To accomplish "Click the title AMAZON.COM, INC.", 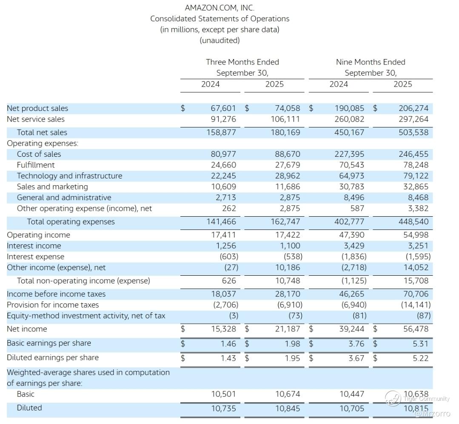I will [220, 8].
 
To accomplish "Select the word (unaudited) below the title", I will [220, 40].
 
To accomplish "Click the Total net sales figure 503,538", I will [413, 133].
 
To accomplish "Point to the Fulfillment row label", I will [36, 165].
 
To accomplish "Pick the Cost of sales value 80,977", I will [223, 154].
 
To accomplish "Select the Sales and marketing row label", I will [52, 187].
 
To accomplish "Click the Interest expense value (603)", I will [229, 257].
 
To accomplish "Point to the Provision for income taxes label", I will [53, 305].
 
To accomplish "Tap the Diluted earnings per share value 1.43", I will [228, 358].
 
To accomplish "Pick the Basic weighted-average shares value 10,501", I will [223, 394].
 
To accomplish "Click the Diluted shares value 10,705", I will [352, 409].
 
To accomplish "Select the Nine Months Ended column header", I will [371, 62].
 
